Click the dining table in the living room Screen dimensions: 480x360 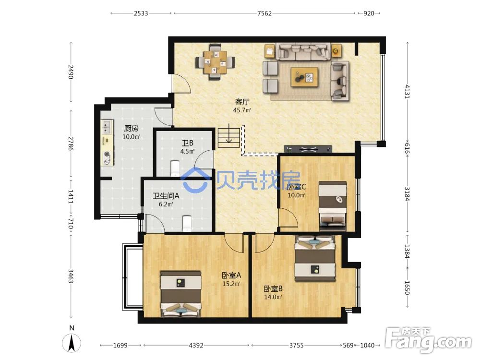point(215,62)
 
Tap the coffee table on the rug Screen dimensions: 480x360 point(304,77)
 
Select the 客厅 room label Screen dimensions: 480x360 point(242,102)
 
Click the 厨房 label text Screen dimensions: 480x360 point(131,128)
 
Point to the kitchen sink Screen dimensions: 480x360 point(107,127)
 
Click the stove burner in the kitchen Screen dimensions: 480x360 point(107,154)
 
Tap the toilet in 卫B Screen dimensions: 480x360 point(175,168)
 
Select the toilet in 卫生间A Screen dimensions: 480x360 point(187,224)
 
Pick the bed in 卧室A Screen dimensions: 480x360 point(181,294)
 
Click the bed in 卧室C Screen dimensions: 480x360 point(333,206)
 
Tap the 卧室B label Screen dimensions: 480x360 point(273,288)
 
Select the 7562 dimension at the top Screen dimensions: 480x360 point(264,13)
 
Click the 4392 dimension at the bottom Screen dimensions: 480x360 point(196,345)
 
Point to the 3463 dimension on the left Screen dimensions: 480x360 point(71,276)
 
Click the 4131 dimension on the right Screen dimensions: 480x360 point(407,91)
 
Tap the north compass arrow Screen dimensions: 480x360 point(72,343)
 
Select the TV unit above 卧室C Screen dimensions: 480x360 point(308,149)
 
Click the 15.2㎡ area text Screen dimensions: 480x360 point(231,284)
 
